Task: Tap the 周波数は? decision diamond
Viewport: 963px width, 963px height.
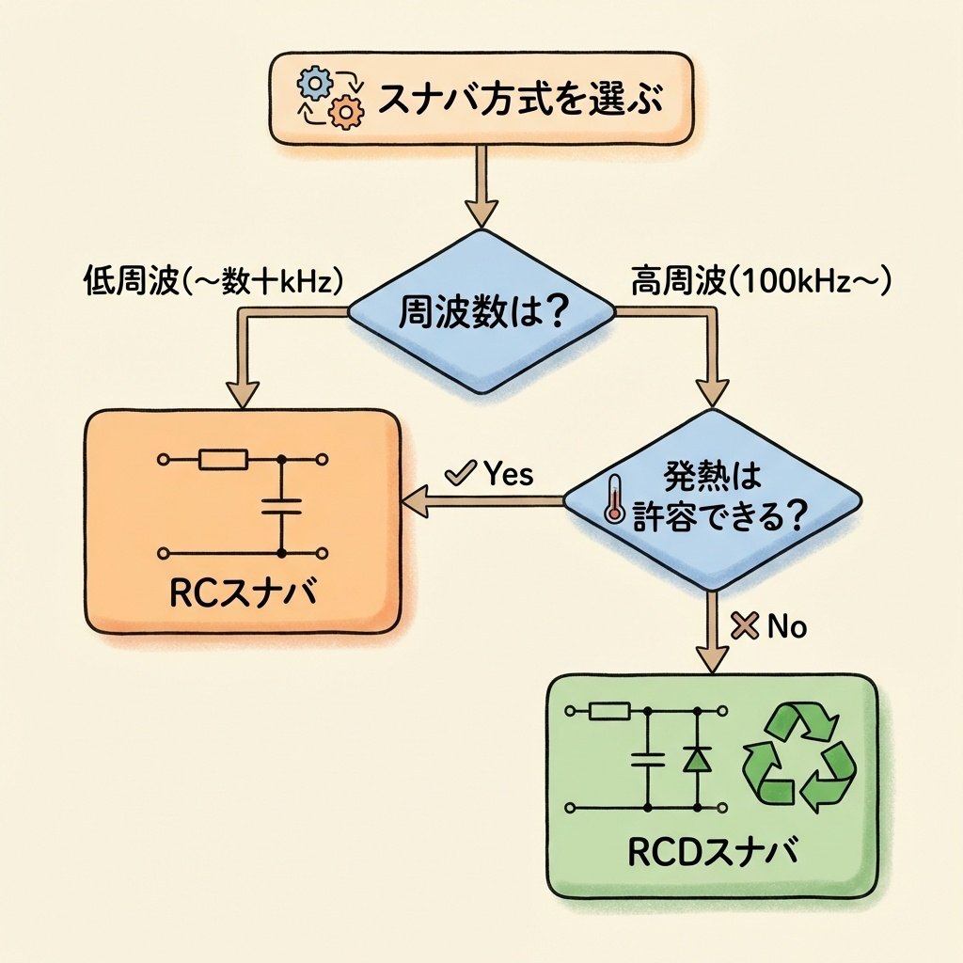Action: pyautogui.click(x=481, y=311)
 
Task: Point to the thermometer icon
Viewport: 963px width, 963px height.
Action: pyautogui.click(x=615, y=498)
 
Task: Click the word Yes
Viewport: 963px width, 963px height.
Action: pyautogui.click(x=508, y=474)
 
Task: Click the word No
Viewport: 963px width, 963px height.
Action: pyautogui.click(x=787, y=627)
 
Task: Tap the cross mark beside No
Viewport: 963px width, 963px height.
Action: pyautogui.click(x=745, y=627)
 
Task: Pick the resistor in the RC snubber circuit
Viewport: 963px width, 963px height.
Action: pyautogui.click(x=223, y=459)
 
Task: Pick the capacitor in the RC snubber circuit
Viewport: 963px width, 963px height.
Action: pyautogui.click(x=281, y=507)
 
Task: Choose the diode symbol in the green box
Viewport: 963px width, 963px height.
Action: pyautogui.click(x=697, y=759)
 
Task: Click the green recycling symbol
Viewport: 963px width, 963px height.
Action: pyautogui.click(x=799, y=758)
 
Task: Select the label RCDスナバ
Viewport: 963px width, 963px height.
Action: pyautogui.click(x=712, y=852)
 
